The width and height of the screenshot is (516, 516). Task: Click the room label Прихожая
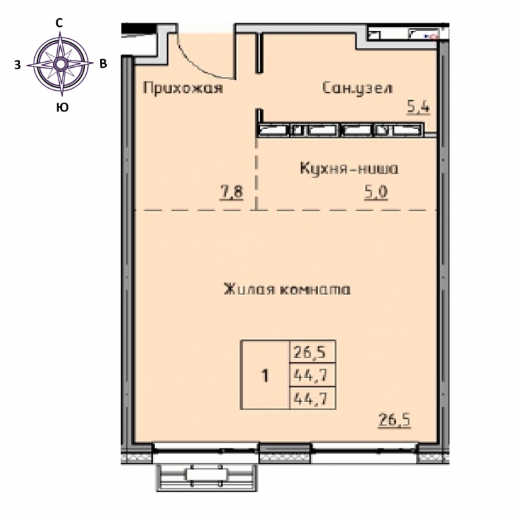click(x=183, y=88)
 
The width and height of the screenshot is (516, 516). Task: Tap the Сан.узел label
click(x=357, y=88)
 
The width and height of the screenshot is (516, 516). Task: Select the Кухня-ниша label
click(x=349, y=169)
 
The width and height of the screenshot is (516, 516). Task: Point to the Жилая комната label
click(x=287, y=290)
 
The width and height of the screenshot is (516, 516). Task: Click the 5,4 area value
click(x=419, y=107)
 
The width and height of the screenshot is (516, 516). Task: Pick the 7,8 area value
click(x=232, y=192)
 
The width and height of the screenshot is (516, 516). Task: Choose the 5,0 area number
click(x=376, y=192)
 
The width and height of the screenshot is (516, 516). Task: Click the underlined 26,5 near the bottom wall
click(x=394, y=420)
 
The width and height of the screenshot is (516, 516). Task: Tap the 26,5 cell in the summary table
click(x=310, y=353)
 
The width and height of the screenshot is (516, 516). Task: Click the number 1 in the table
click(x=265, y=376)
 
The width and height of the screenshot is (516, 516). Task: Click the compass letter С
click(x=59, y=23)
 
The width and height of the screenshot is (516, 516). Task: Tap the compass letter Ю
click(x=62, y=107)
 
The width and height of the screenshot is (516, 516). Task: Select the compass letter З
click(x=17, y=64)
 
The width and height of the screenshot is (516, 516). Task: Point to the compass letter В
click(x=103, y=64)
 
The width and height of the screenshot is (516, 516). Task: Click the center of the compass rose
click(x=60, y=64)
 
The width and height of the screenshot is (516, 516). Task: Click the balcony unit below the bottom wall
click(x=206, y=477)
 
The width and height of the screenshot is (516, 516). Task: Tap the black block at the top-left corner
click(x=139, y=28)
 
